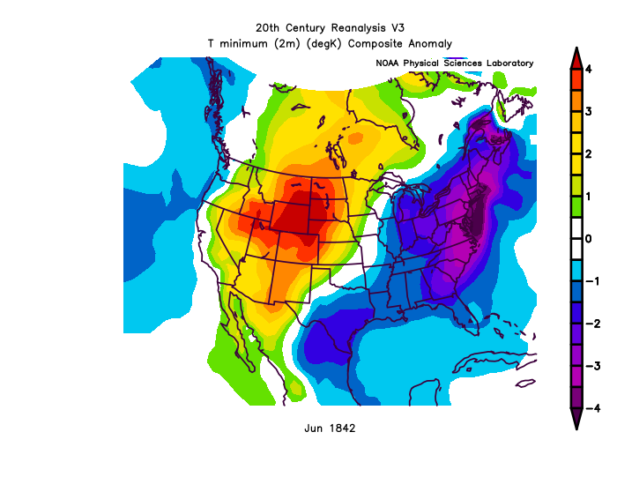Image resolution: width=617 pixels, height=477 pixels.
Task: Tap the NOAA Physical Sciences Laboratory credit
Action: (x=454, y=63)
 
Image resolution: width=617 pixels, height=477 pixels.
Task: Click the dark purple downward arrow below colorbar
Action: (x=576, y=420)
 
